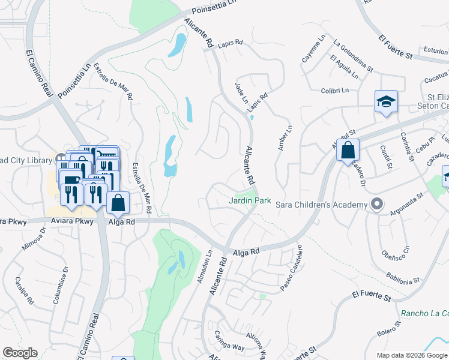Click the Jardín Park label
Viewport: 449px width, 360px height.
point(250,201)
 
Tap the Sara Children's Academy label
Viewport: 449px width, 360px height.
point(321,205)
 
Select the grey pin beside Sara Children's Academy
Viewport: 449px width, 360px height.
point(376,205)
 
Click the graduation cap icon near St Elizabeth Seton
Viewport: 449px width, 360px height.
point(385,102)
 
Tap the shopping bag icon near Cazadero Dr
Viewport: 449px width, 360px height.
point(348,151)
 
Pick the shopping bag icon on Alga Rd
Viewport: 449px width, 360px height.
point(118,203)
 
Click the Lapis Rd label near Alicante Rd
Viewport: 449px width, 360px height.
point(231,43)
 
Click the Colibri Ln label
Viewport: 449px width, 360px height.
point(335,91)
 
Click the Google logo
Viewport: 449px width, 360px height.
point(20,353)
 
